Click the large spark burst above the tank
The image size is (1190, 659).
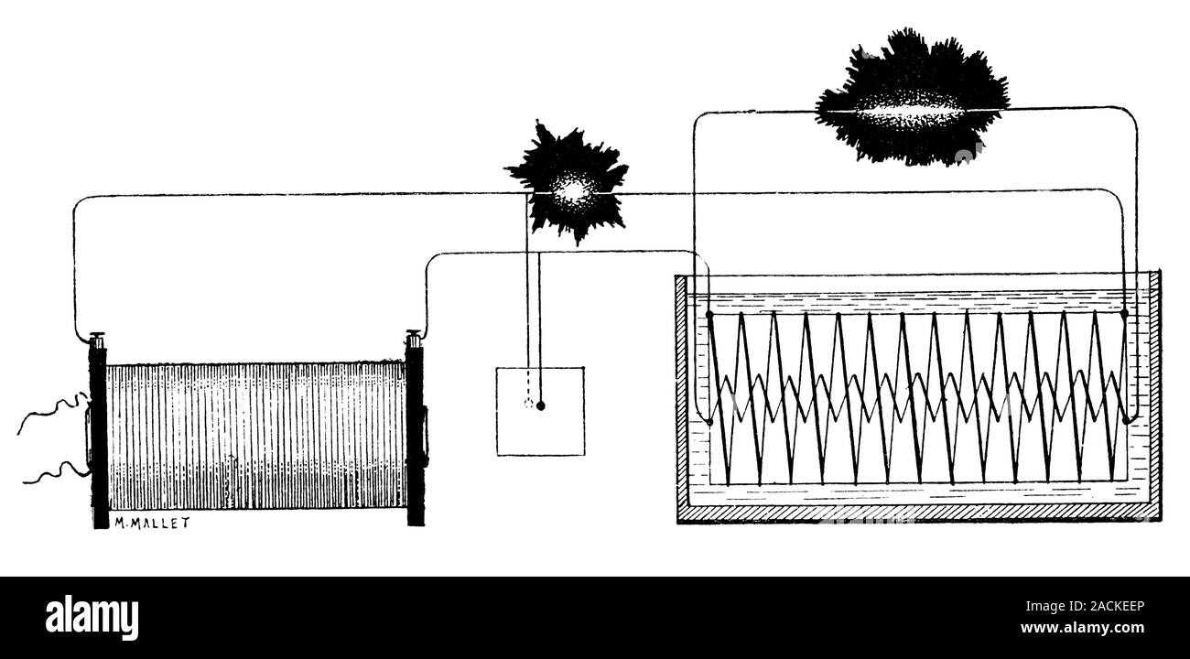(912, 99)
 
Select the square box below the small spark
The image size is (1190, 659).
(540, 411)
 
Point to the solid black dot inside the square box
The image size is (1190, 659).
(540, 405)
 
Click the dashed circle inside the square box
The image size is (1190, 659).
(527, 404)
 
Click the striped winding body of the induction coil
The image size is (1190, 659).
(256, 435)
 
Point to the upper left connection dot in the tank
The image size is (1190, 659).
(710, 315)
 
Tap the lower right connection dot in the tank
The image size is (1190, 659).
(1125, 420)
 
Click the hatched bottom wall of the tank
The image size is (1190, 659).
(915, 512)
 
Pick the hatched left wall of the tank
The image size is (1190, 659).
(681, 394)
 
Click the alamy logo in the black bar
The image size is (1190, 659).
(92, 618)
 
